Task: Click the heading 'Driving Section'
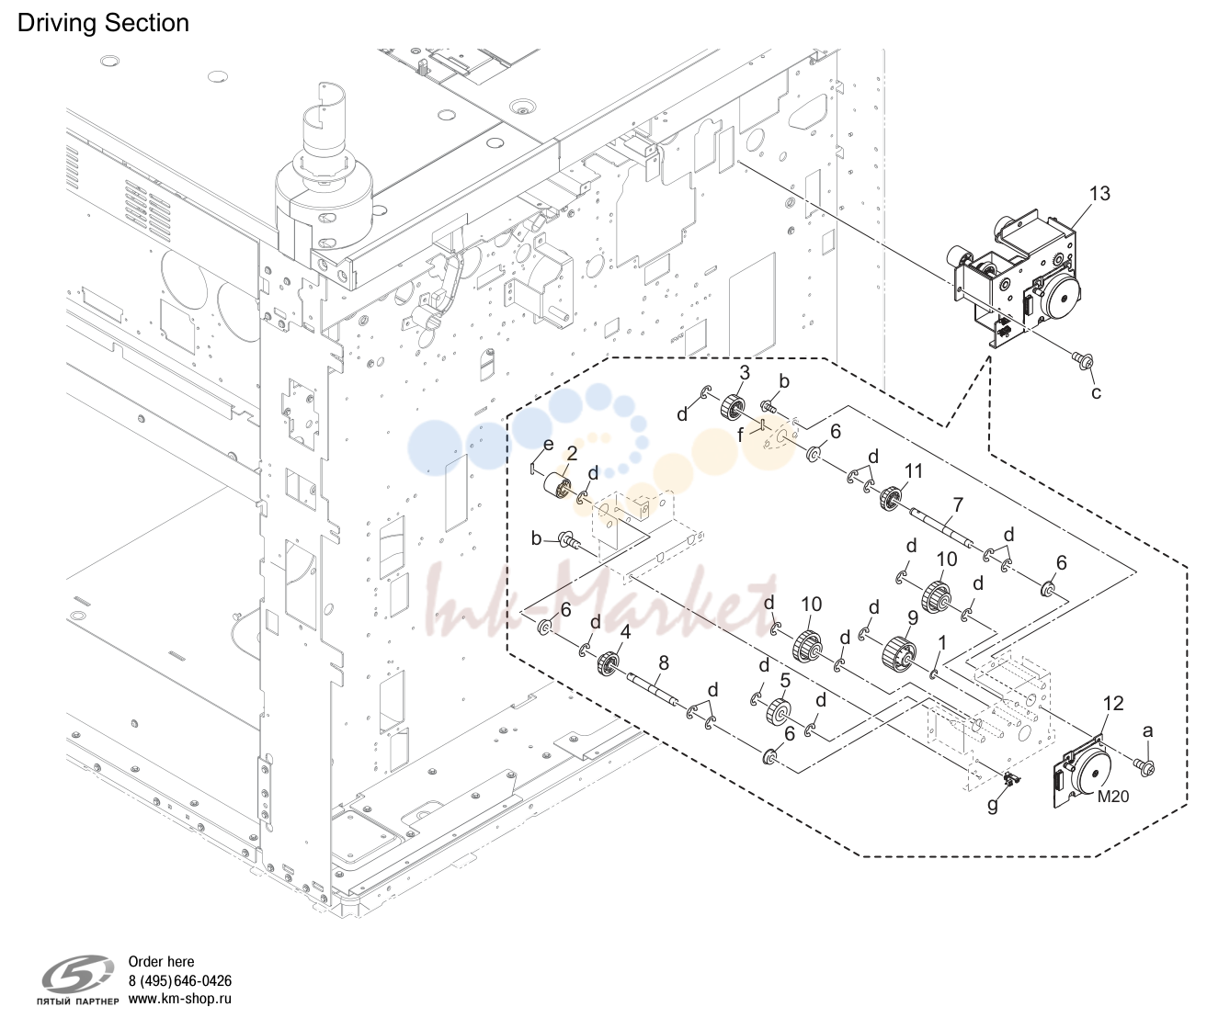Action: [x=104, y=24]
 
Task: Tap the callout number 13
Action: [x=1099, y=194]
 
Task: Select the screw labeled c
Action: [x=1082, y=362]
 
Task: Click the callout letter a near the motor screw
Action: [x=1148, y=730]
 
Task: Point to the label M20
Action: [x=1113, y=797]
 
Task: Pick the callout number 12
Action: [x=1113, y=703]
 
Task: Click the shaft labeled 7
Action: [x=941, y=526]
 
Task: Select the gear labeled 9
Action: [x=896, y=653]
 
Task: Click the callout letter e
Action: [x=549, y=445]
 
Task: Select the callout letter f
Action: [x=741, y=435]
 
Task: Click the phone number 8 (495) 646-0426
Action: [x=180, y=980]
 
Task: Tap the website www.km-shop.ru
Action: [x=180, y=999]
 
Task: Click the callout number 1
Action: [x=943, y=642]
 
